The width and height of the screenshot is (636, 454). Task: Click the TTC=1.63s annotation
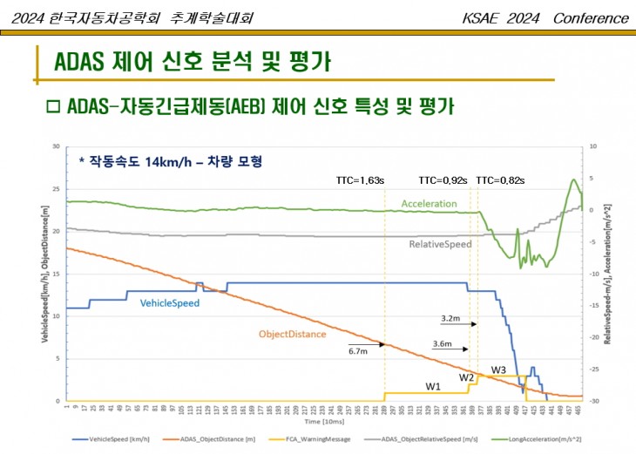tap(360, 180)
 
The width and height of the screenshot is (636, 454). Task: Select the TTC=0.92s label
tap(443, 180)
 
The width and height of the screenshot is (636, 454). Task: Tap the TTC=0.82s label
tap(500, 180)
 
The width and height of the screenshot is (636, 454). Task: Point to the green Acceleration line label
tap(429, 203)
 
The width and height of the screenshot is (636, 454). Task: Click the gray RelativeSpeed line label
tap(441, 244)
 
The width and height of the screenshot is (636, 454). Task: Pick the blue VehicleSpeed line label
tap(170, 303)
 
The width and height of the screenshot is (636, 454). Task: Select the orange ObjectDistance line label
tap(292, 334)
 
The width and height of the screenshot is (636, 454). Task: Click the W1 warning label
tap(433, 386)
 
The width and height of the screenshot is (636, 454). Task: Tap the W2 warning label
tap(467, 377)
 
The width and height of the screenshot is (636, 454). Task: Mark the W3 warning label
tap(498, 370)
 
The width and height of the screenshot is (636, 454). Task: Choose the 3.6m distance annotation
tap(443, 344)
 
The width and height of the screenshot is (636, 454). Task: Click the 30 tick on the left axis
tap(56, 146)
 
